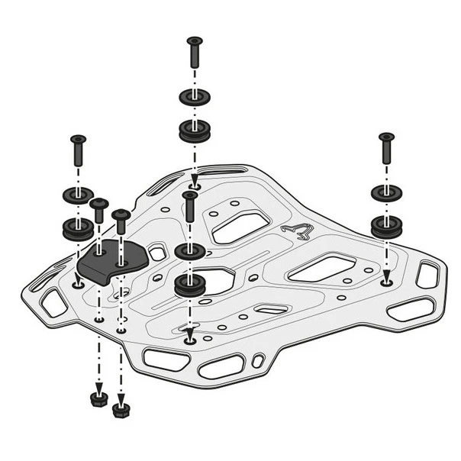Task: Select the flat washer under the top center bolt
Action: [195, 97]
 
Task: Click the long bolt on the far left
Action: [78, 152]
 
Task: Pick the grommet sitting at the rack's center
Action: [189, 285]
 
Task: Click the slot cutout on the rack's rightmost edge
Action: [428, 275]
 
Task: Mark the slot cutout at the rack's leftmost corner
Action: [53, 303]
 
